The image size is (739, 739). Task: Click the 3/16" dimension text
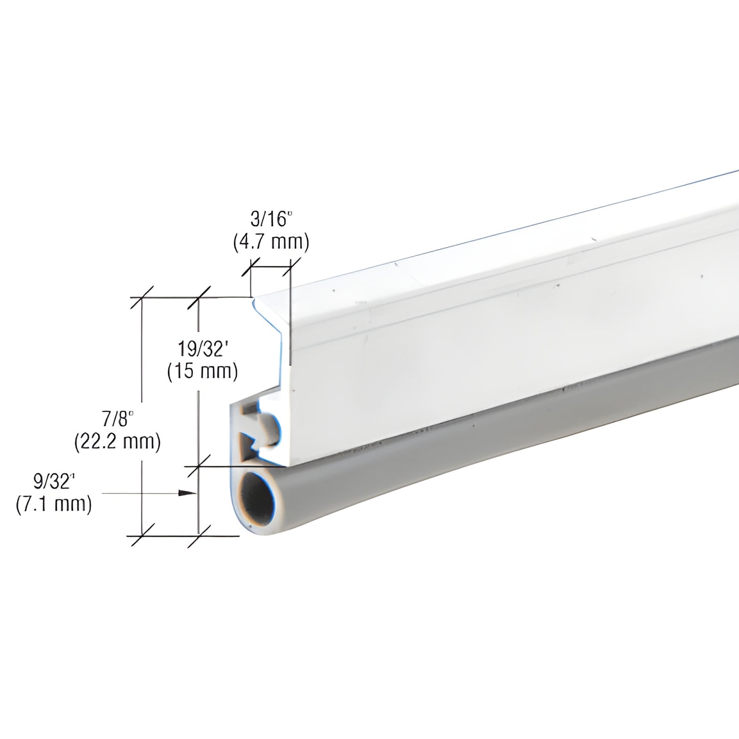pyautogui.click(x=271, y=220)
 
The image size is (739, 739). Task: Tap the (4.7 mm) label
pyautogui.click(x=271, y=242)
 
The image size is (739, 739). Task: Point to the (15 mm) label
pyautogui.click(x=203, y=371)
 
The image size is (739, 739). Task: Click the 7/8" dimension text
pyautogui.click(x=118, y=419)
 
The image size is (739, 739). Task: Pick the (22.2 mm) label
pyautogui.click(x=118, y=441)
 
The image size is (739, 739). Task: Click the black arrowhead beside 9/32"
pyautogui.click(x=188, y=493)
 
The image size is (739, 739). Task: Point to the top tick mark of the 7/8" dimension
pyautogui.click(x=142, y=297)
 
